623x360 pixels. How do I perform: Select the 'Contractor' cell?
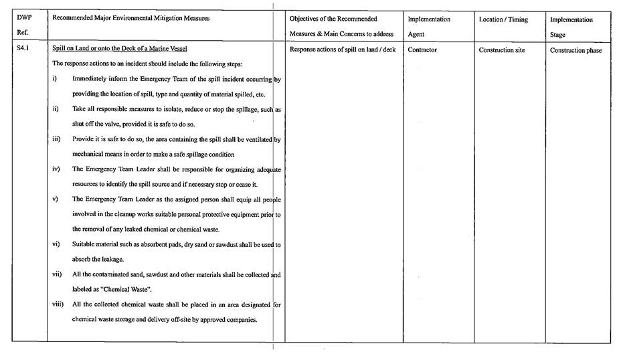(422, 50)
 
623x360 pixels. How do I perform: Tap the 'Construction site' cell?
(501, 50)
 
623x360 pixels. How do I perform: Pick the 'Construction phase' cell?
(575, 50)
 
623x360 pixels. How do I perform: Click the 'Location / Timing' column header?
(503, 19)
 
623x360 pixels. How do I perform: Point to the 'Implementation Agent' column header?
(429, 27)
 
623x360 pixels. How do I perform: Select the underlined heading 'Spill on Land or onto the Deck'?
(120, 50)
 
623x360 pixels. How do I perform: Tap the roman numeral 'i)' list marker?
(55, 79)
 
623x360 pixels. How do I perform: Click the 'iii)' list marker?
(57, 139)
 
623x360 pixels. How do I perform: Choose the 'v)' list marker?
(55, 199)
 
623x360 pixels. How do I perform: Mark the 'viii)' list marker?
(58, 304)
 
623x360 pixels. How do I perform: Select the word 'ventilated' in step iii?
(256, 139)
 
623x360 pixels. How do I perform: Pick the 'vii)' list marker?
(58, 274)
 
